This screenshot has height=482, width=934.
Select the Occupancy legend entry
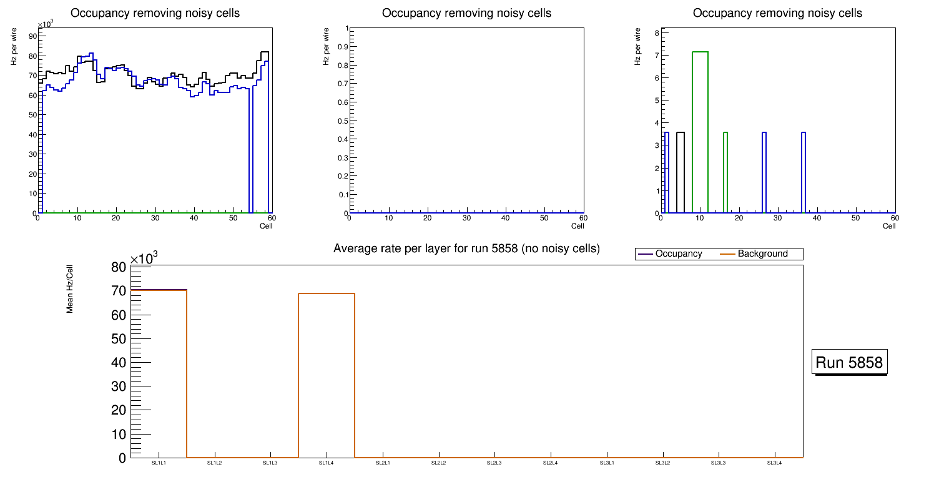coord(678,254)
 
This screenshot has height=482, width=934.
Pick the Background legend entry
coord(762,254)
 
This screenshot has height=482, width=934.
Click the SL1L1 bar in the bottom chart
coord(159,375)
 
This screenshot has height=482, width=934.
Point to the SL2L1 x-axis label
coord(383,463)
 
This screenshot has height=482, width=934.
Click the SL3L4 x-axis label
coord(774,463)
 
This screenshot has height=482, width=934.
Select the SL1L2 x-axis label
coord(215,463)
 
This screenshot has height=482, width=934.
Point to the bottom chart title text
coord(466,249)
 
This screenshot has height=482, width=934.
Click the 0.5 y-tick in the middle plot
coord(342,120)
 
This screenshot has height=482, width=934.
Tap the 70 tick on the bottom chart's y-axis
coord(119,291)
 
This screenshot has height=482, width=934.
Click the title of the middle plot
coord(466,13)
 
